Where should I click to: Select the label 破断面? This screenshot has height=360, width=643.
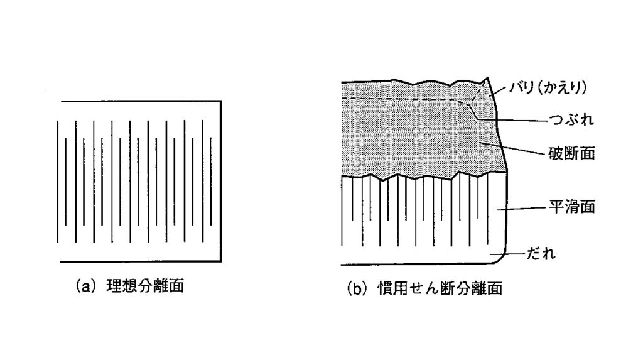coord(571,153)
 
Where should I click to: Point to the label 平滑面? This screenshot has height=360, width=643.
coord(571,207)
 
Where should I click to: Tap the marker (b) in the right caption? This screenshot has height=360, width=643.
coord(357,290)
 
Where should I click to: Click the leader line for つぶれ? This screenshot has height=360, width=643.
coord(515,121)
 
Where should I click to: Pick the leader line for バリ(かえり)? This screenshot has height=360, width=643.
coord(502,90)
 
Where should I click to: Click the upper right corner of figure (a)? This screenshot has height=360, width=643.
coord(220,101)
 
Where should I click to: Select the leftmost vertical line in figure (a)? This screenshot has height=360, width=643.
coord(58,180)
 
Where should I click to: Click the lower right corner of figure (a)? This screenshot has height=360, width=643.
coord(220,261)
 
